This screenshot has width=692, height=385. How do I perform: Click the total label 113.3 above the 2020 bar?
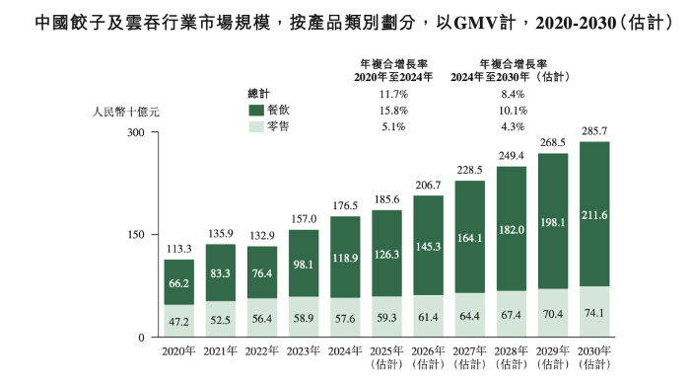click(178, 249)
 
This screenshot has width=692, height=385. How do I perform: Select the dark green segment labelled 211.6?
click(594, 214)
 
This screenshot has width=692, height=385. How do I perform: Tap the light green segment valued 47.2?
click(178, 321)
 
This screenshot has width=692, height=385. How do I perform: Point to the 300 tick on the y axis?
click(136, 132)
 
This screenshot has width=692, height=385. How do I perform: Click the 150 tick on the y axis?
click(136, 235)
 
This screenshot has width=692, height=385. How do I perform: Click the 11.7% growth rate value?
click(393, 94)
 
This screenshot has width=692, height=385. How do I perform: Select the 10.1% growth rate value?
click(514, 111)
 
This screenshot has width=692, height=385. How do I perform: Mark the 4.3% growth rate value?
click(514, 127)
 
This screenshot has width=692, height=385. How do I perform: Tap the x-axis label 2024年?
click(344, 350)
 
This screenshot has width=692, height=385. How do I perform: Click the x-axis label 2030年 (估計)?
click(594, 356)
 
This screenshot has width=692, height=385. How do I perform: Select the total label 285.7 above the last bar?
click(594, 130)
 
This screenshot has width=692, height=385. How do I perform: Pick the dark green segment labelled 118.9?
click(344, 257)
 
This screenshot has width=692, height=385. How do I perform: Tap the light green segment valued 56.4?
click(261, 318)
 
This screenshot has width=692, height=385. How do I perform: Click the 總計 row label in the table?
click(259, 94)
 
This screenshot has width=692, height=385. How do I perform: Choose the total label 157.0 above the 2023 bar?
click(303, 219)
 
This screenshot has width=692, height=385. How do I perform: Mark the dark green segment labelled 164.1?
click(469, 237)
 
